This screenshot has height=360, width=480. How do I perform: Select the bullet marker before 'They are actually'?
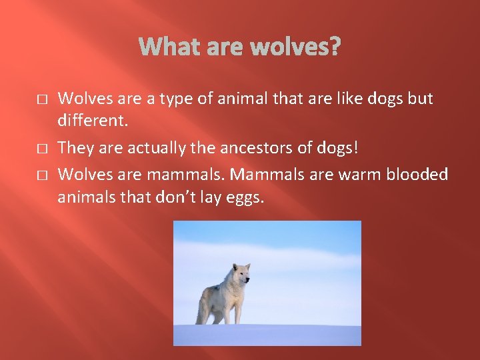(x=41, y=148)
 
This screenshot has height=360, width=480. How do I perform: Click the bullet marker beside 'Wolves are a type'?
(x=41, y=99)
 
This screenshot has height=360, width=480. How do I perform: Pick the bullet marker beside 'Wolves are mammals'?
(x=41, y=175)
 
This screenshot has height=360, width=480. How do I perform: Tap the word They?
(x=74, y=148)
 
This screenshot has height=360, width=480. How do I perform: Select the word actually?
(x=150, y=148)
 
